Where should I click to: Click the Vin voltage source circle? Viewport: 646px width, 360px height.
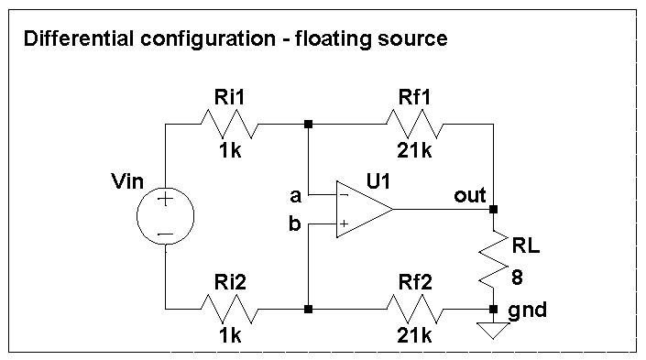pos(165,217)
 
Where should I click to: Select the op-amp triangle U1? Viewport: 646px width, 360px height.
pos(362,209)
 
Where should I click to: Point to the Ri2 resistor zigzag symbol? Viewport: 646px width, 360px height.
pos(230,310)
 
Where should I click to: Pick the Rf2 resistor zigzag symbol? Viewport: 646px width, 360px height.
pos(418,310)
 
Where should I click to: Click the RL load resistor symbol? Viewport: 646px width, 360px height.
pos(494,259)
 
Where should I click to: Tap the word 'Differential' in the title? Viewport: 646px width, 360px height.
pos(70,39)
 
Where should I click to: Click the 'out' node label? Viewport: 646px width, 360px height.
pos(469,196)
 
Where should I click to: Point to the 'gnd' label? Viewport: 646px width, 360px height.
pos(528,310)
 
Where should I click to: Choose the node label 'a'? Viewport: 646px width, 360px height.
pos(295,195)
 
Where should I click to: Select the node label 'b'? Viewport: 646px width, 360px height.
pos(295,223)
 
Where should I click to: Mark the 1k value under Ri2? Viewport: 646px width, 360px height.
pos(230,337)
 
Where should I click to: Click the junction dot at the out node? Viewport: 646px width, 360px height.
pos(494,209)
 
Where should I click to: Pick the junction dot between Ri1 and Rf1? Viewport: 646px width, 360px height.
pos(310,124)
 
